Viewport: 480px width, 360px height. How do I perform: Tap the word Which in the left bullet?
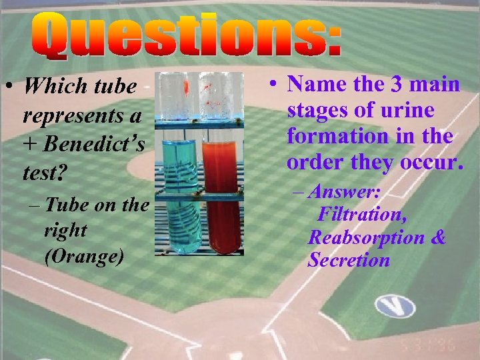[50, 87]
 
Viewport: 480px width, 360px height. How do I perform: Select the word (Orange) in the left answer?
[84, 257]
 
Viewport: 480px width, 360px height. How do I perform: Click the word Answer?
[347, 193]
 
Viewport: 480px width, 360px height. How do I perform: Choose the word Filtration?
[362, 215]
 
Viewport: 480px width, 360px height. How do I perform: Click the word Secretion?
[349, 260]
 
